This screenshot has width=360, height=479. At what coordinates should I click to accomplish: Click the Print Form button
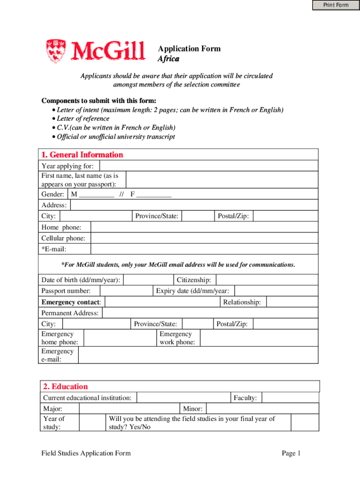click(336, 5)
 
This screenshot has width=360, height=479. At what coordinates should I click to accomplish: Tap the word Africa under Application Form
click(168, 59)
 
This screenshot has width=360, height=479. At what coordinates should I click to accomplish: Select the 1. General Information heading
click(82, 155)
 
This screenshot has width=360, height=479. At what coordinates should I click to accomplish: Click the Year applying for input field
click(208, 166)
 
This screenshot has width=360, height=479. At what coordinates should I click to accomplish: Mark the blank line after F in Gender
click(154, 195)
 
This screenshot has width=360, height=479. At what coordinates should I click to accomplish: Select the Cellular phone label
click(63, 239)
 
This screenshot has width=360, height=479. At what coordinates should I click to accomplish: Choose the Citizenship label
click(194, 280)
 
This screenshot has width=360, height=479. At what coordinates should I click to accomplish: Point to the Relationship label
click(242, 302)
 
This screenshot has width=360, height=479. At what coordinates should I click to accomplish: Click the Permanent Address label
click(70, 313)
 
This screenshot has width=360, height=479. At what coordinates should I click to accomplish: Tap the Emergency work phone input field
click(259, 338)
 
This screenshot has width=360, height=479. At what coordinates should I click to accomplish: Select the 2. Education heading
click(65, 386)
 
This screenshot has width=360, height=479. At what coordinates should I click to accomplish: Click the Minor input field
click(262, 408)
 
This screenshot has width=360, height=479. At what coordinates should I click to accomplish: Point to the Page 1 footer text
click(291, 453)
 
